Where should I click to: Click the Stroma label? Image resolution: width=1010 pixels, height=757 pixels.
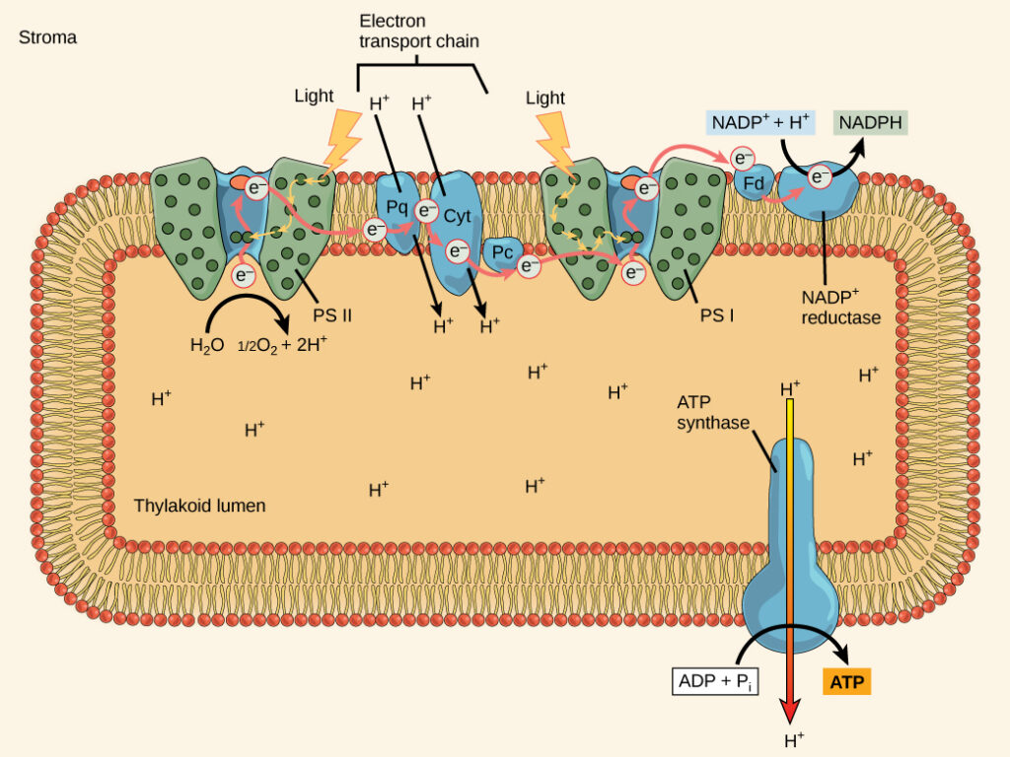click(x=47, y=37)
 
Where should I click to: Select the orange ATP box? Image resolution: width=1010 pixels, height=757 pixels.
click(x=846, y=681)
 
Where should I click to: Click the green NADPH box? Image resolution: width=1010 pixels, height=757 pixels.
click(x=870, y=123)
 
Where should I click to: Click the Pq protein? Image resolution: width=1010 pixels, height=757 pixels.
click(x=398, y=208)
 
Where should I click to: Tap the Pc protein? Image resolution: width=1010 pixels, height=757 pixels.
click(x=502, y=252)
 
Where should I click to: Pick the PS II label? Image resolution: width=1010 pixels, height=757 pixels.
click(x=332, y=315)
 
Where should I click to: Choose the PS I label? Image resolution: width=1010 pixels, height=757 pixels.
click(x=717, y=315)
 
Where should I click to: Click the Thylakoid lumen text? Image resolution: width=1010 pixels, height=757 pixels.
click(x=199, y=506)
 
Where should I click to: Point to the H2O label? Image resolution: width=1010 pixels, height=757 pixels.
click(x=208, y=346)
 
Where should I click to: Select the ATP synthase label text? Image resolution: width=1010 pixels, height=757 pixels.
click(x=713, y=413)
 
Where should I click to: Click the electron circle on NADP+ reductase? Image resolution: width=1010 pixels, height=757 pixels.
click(x=819, y=176)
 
